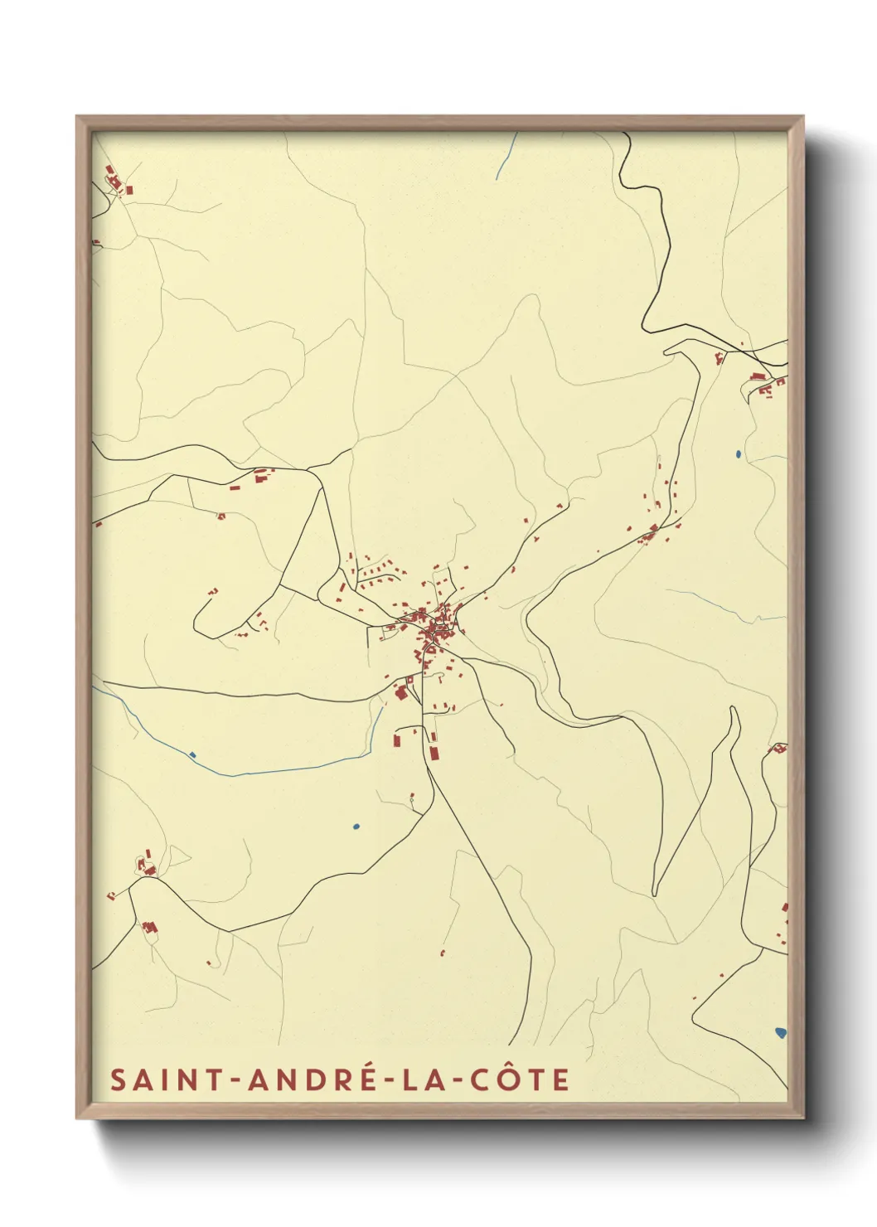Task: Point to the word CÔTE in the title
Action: [520, 1079]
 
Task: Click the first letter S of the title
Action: [118, 1079]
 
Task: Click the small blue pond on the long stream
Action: [192, 754]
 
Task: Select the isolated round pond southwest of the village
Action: [356, 827]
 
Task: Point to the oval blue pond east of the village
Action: [737, 453]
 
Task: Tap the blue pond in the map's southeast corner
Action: [780, 1032]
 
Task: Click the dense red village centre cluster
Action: [433, 629]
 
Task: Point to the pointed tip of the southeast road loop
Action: [655, 893]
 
